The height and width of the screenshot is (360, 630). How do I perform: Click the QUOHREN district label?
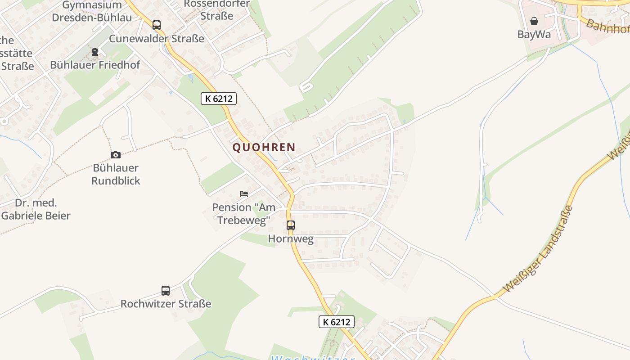(x=264, y=147)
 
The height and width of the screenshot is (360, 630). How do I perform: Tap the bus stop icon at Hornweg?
(x=291, y=225)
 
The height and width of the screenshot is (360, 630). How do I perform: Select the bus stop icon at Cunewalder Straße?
(x=157, y=25)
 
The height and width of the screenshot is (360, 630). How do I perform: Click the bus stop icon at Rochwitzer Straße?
(x=166, y=291)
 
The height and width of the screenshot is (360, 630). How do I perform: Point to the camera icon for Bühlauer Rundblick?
(x=116, y=155)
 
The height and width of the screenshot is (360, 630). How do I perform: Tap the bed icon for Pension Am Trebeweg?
(x=244, y=194)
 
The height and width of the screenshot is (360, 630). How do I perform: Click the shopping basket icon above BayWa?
(x=534, y=21)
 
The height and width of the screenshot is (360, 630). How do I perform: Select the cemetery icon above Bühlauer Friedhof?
(x=94, y=52)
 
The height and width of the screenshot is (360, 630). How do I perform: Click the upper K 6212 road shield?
(x=219, y=99)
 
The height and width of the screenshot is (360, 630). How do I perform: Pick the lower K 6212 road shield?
(x=337, y=322)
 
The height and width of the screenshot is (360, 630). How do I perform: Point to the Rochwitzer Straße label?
(x=166, y=304)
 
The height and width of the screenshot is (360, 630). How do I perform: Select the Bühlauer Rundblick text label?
(x=116, y=174)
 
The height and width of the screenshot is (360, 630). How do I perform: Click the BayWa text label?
(x=534, y=35)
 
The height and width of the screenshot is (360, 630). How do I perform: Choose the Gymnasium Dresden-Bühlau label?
(x=92, y=11)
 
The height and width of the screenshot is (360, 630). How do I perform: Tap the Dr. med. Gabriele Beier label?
(x=36, y=209)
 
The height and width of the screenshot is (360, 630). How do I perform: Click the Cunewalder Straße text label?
(x=157, y=39)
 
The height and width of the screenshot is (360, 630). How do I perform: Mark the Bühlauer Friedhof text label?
(x=95, y=65)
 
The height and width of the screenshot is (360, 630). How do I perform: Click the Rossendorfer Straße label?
(x=217, y=10)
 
